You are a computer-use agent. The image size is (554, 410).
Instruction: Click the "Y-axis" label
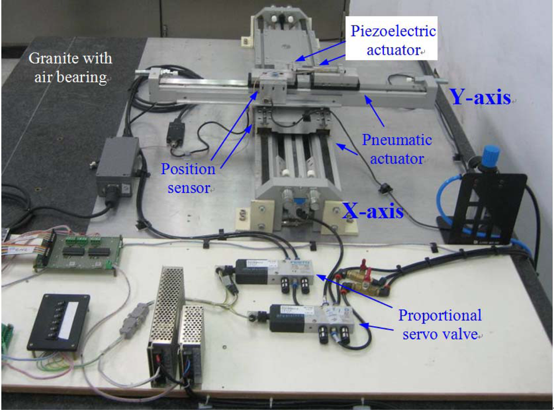point(480,98)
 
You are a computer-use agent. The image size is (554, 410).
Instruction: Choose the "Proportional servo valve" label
point(440,325)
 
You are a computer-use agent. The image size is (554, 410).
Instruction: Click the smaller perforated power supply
point(191,344)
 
